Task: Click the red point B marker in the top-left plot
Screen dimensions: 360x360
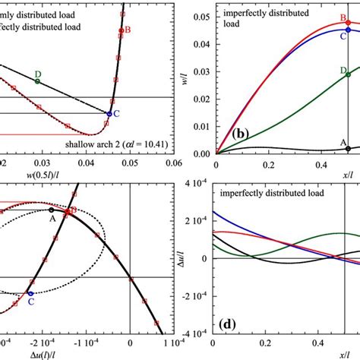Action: pyautogui.click(x=121, y=31)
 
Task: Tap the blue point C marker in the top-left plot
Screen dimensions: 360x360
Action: pyautogui.click(x=109, y=114)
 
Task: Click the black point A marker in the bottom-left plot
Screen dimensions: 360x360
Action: pyautogui.click(x=52, y=210)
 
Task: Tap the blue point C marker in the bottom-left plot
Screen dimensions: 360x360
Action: pyautogui.click(x=30, y=292)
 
